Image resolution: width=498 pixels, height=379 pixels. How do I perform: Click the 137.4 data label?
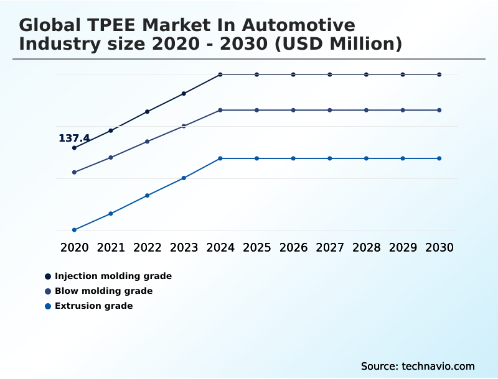coord(74,139)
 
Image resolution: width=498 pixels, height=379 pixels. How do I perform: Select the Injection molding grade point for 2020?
coord(75,148)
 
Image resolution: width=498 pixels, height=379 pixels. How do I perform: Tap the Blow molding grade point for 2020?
coord(75,172)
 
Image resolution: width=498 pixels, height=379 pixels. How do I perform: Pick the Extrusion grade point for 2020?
coord(75,230)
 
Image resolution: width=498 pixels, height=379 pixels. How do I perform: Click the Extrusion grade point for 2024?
coord(220,158)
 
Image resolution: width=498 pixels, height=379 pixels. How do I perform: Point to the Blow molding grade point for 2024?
coord(220,110)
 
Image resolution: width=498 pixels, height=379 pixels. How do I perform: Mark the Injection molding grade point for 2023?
coord(184,94)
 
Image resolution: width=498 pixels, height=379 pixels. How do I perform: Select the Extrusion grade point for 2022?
coord(148,196)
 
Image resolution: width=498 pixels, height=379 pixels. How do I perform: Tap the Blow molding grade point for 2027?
coord(330,110)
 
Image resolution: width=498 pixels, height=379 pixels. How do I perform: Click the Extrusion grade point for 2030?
coord(439,158)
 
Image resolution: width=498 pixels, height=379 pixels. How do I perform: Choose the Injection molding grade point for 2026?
coord(293,75)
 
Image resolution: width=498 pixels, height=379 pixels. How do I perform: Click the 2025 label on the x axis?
coord(256,248)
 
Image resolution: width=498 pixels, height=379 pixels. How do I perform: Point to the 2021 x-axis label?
coord(111,248)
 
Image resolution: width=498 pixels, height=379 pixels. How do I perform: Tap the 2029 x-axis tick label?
coord(403,248)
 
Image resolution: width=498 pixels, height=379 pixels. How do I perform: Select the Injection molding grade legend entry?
coord(113,276)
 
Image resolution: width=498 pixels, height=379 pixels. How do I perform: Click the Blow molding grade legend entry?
coord(103,291)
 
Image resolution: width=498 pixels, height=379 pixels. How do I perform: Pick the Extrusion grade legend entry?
coord(93,306)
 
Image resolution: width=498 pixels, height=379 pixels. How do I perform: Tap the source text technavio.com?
coord(438,366)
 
